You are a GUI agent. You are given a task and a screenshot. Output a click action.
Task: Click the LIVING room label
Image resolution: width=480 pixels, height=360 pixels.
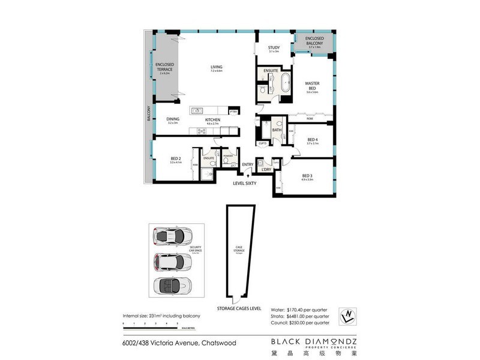point(216,67)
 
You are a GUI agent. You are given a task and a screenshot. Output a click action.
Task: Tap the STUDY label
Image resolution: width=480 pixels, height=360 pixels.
point(274,47)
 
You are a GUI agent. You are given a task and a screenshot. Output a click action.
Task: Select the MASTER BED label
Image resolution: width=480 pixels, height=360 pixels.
point(311,86)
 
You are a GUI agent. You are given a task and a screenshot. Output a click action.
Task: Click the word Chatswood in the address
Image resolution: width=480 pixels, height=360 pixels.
point(217,343)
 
